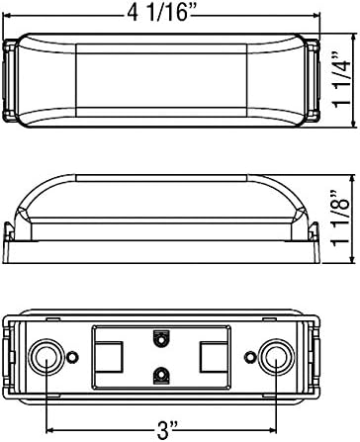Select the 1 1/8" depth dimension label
(x=341, y=219)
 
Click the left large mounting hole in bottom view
(x=45, y=357)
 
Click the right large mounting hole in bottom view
(x=276, y=357)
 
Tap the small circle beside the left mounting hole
(x=72, y=357)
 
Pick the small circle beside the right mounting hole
(x=250, y=357)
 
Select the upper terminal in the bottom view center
(x=161, y=338)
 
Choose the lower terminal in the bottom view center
(x=161, y=376)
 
